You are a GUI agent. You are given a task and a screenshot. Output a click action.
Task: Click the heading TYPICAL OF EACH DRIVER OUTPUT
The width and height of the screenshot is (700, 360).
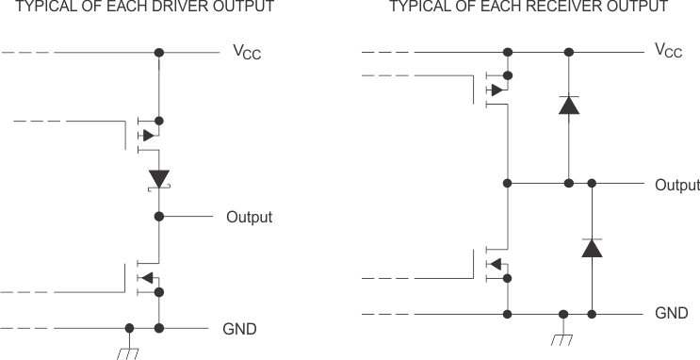138,7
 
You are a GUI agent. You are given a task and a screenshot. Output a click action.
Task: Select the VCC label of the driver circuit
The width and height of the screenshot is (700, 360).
247,53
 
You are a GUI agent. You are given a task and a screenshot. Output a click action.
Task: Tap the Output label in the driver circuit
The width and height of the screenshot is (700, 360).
249,218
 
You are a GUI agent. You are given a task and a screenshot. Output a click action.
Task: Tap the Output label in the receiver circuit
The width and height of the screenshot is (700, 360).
676,185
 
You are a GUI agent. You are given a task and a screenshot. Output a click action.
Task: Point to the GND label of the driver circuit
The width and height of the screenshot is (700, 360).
239,329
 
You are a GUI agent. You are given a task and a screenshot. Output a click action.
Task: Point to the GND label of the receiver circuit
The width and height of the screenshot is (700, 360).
671,313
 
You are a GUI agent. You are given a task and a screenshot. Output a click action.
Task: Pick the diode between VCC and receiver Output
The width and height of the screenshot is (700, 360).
568,105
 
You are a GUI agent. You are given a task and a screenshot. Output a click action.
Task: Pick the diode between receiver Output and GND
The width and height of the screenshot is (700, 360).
592,248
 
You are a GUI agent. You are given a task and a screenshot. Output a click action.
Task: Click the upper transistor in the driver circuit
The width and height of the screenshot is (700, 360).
146,135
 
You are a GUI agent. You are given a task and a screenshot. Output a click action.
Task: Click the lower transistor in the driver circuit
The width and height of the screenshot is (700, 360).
146,277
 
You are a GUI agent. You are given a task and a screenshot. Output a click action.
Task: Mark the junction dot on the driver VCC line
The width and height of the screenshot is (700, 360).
158,53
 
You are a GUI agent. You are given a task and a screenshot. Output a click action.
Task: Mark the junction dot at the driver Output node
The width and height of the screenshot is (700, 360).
158,217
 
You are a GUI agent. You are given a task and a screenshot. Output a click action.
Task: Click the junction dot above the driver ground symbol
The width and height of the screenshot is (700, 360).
129,329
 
